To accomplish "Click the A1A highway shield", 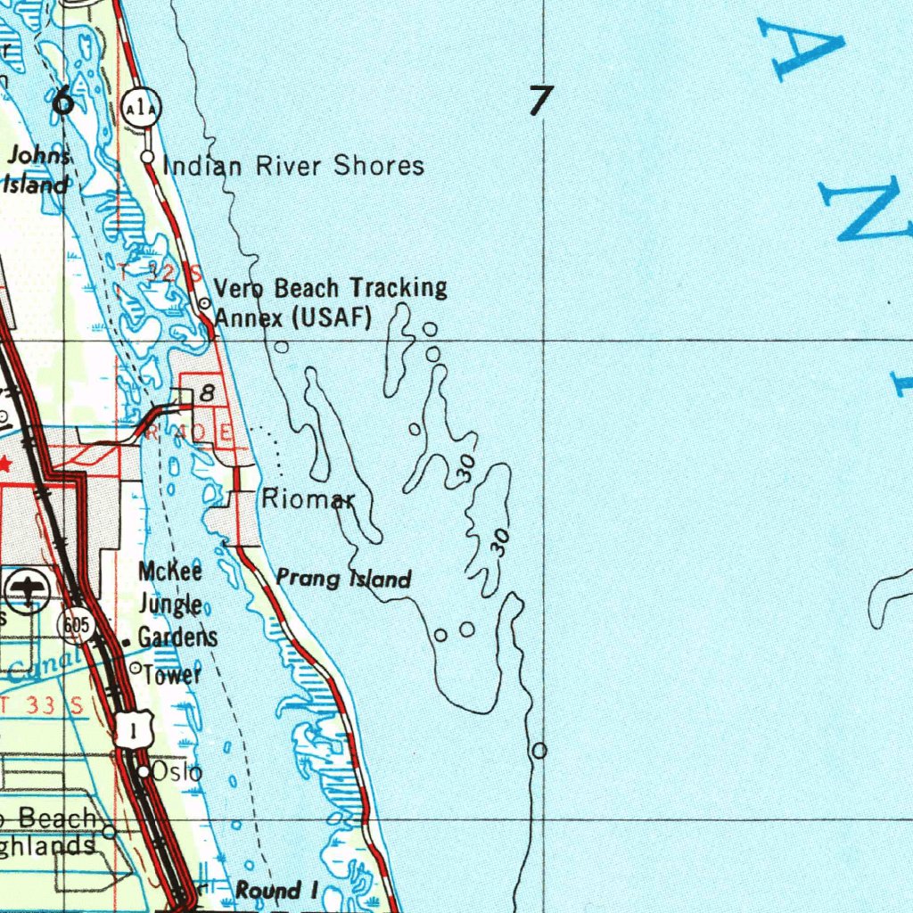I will (142, 108).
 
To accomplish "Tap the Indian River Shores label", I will (294, 166).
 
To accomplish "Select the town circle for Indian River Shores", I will (148, 157).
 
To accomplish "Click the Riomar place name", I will (308, 499).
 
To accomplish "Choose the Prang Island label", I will (344, 579).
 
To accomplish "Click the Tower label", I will (172, 675).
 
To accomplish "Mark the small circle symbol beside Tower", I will (136, 668).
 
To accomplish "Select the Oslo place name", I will (177, 771).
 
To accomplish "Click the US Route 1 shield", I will (133, 730).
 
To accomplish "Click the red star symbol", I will (5, 465).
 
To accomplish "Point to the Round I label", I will (276, 890).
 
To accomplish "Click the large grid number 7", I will (539, 100).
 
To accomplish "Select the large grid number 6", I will (63, 101).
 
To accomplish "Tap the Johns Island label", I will (37, 169).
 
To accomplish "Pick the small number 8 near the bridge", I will (208, 391).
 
